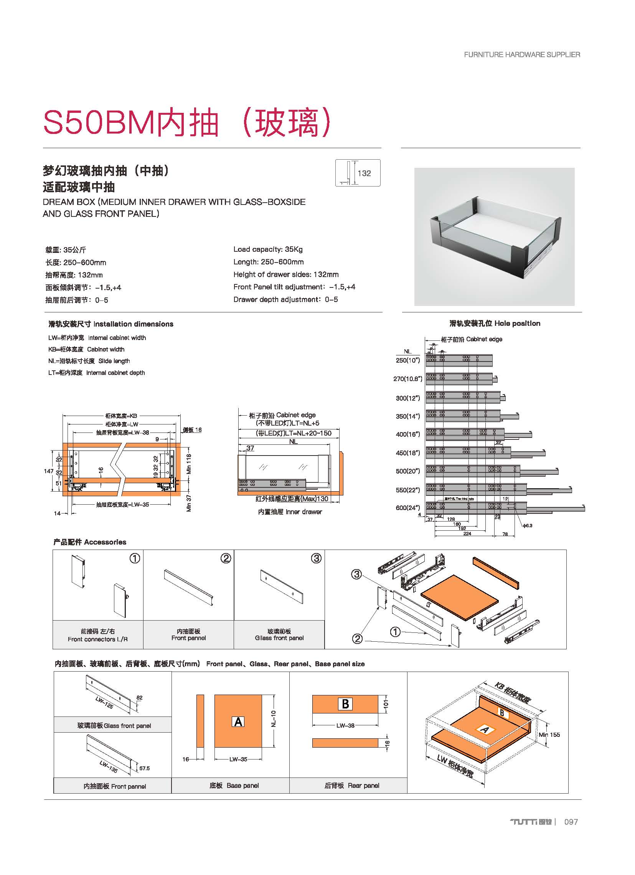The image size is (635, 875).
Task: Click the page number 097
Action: click(571, 822)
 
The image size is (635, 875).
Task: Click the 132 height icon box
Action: click(358, 173)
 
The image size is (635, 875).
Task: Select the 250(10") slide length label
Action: click(408, 360)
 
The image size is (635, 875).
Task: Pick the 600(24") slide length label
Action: click(408, 508)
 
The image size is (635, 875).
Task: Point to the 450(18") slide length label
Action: click(408, 453)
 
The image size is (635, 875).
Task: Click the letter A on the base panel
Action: click(238, 721)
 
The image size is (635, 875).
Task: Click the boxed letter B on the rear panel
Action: click(345, 704)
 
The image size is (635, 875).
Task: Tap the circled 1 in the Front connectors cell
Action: click(135, 558)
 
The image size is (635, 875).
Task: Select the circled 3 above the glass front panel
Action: click(316, 558)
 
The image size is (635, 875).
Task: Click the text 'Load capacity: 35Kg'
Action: click(268, 249)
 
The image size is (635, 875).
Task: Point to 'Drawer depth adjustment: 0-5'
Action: click(285, 299)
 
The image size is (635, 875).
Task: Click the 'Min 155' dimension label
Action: click(549, 735)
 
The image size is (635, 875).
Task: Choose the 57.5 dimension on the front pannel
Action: click(144, 768)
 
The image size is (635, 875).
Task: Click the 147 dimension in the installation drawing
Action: click(49, 471)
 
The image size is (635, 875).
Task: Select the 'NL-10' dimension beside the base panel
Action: click(274, 719)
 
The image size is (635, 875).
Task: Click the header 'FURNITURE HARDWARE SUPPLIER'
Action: click(522, 55)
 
